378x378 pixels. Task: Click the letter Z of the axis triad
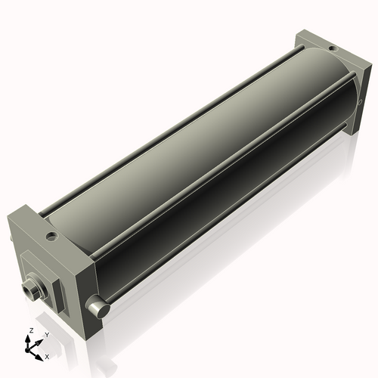pos(32,330)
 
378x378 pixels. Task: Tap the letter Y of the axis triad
pos(47,335)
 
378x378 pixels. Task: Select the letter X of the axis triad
pos(47,357)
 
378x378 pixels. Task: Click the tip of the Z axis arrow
pos(27,335)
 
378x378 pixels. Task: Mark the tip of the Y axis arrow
pos(42,340)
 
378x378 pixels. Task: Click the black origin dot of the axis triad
pos(27,351)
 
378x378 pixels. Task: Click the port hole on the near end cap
pos(51,236)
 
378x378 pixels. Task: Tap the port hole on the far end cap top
pos(333,48)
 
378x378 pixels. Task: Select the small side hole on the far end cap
pos(360,102)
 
